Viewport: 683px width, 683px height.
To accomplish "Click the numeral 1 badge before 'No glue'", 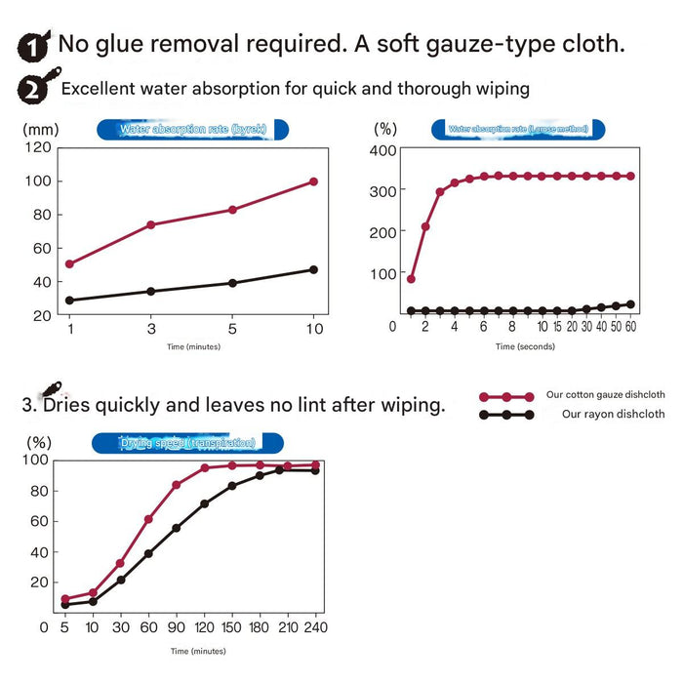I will tap(35, 46).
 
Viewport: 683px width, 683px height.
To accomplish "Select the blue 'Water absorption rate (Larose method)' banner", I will tap(517, 129).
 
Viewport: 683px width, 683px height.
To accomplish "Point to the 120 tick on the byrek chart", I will tap(39, 147).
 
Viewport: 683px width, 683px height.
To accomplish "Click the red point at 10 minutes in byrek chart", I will tap(313, 181).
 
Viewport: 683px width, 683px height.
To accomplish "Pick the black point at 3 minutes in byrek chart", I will tap(150, 291).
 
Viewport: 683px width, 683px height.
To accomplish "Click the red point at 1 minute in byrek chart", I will tap(69, 263).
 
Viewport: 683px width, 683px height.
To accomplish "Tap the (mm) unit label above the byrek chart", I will tap(40, 128).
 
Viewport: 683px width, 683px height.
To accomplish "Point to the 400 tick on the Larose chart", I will tap(382, 150).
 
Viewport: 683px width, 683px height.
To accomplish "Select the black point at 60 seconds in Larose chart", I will tap(630, 304).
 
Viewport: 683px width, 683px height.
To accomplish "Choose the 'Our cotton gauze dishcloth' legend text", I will tap(605, 395).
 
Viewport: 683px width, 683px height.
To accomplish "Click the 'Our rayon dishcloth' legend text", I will tap(613, 414).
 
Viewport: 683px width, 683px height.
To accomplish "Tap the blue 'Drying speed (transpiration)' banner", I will tap(188, 443).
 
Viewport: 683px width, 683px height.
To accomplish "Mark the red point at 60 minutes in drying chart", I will tap(148, 519).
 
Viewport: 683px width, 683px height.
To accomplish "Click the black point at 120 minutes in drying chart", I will tap(205, 503).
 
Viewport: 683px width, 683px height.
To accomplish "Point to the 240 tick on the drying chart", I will tap(314, 627).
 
